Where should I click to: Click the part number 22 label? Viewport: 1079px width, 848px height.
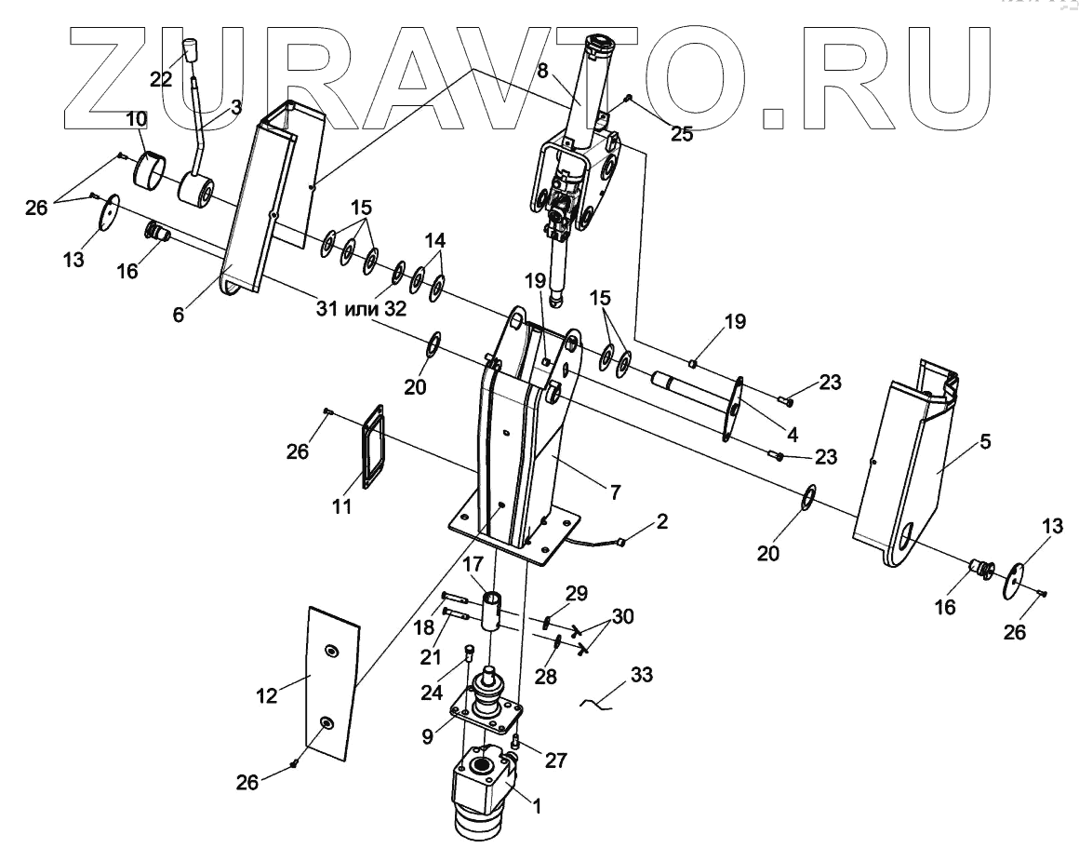coord(162,79)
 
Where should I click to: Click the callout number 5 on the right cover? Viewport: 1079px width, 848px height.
coord(985,441)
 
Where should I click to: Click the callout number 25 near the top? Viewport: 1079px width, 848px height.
coord(682,133)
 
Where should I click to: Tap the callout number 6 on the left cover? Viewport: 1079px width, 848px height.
coord(178,314)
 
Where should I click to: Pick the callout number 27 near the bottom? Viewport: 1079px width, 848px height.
coord(556,760)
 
